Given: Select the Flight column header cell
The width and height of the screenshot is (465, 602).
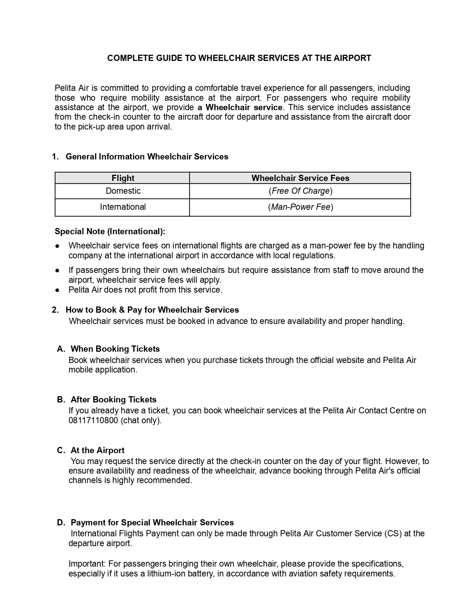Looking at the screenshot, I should tap(123, 178).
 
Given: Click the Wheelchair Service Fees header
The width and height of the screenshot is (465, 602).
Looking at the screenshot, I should tap(300, 178).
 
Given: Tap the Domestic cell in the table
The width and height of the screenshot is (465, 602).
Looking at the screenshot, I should tap(123, 191).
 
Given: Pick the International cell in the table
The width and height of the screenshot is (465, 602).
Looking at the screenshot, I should tap(123, 207).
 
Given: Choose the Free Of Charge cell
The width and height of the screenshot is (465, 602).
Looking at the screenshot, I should tap(301, 191).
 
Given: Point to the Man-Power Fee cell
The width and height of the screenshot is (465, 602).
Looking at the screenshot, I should tap(301, 207).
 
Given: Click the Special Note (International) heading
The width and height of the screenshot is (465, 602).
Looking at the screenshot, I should tap(110, 231).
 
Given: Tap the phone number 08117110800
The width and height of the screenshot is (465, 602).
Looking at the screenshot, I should tap(93, 420).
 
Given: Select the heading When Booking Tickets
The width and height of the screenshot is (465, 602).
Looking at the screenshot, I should tap(115, 349).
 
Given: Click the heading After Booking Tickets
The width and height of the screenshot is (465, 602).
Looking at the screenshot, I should tap(113, 400).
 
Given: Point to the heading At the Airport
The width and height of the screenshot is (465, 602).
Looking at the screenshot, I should tap(97, 450).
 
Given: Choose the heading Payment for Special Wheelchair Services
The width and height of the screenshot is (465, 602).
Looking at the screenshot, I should tap(152, 522).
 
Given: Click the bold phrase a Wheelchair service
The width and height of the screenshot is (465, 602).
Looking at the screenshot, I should tap(240, 107).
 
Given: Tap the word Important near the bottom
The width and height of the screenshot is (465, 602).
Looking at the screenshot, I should tap(87, 564).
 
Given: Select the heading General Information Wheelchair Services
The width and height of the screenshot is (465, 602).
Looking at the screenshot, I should tap(147, 157).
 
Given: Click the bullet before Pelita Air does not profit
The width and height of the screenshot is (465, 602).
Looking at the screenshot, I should tap(58, 290).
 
